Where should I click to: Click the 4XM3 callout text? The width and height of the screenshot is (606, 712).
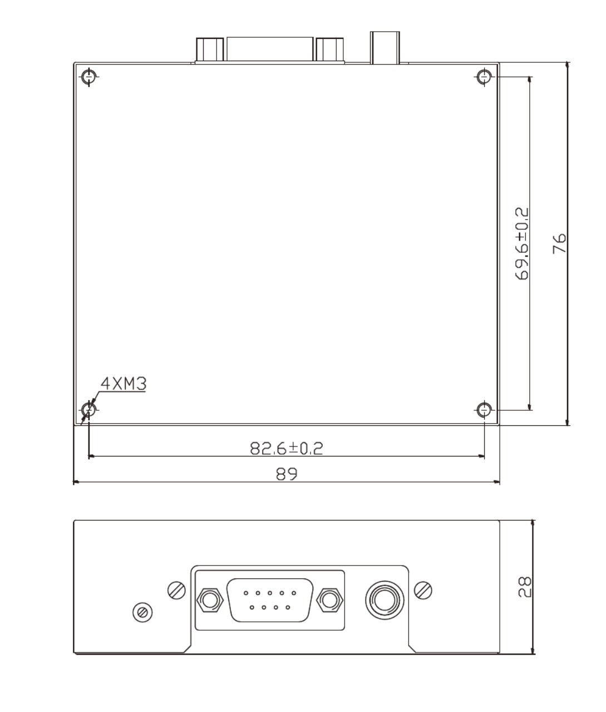pos(124,384)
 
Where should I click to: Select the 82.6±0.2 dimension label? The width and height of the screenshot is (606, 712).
pos(287,448)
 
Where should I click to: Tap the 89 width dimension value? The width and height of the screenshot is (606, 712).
pos(287,474)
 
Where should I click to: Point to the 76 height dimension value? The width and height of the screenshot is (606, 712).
pos(559,243)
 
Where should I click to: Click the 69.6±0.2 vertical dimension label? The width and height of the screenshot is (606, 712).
pos(522,243)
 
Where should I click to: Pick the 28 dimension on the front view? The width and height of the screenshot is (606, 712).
pos(525,587)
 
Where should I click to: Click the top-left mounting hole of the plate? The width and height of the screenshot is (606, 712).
pos(89,76)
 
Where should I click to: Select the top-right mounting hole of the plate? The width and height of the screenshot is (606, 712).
pos(485,76)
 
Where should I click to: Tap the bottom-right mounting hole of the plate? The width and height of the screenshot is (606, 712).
pos(485,410)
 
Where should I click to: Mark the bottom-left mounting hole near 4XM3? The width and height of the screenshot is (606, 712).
pos(89,410)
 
